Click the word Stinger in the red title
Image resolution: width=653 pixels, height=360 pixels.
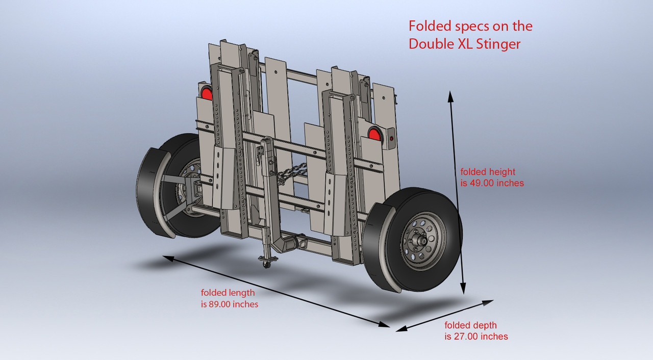[x=498, y=44]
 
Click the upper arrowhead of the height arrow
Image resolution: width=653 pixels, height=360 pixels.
[x=450, y=95]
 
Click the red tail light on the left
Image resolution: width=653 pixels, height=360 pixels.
[x=206, y=93]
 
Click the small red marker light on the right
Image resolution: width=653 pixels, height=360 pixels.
[x=391, y=138]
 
